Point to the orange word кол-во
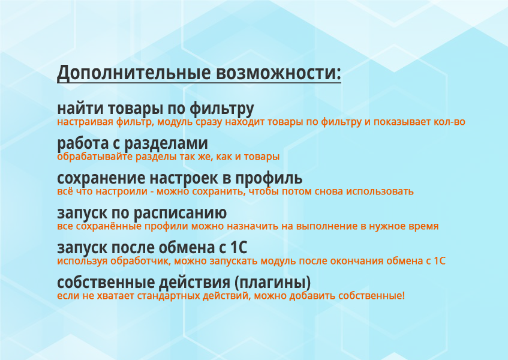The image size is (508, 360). (452, 122)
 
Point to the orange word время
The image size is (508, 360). (423, 227)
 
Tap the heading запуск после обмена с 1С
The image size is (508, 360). (152, 248)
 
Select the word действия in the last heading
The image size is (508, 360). (194, 282)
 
